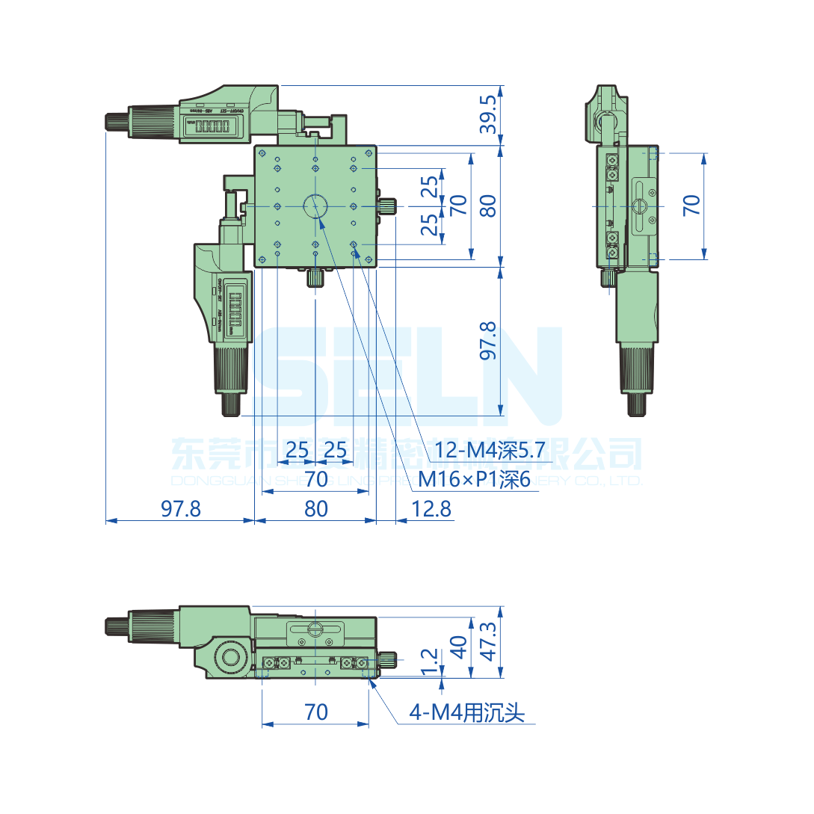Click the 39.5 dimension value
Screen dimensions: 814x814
488,114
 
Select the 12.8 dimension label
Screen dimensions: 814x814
431,509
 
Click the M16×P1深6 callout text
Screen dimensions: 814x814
474,479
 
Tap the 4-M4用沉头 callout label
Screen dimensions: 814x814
466,713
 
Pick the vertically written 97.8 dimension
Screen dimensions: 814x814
488,341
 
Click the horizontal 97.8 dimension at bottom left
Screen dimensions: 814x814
181,509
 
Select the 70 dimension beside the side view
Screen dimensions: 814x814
692,206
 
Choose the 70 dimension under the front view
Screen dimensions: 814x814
316,712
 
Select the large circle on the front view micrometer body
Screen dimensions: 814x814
229,659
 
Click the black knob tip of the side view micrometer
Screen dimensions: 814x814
636,404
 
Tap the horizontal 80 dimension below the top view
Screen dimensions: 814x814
316,509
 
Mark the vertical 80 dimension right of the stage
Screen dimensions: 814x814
488,206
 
